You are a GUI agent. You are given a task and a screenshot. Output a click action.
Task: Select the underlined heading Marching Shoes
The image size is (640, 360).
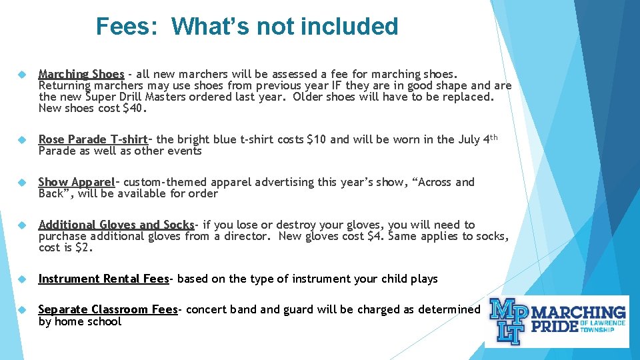point(81,74)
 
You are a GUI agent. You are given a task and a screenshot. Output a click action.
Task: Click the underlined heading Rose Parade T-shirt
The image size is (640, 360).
point(93,139)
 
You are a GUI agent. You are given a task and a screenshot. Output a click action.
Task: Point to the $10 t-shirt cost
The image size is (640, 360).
point(316,139)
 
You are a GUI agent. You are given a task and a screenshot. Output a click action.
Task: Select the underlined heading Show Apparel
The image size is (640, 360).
point(77,182)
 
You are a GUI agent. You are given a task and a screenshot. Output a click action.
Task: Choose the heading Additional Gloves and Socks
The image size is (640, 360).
point(116,225)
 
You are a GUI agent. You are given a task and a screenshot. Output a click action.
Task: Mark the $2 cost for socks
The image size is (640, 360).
point(85,247)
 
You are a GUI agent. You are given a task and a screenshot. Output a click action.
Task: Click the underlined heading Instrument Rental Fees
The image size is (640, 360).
point(103,279)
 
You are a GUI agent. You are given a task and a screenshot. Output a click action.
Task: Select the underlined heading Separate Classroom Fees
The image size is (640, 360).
point(107,309)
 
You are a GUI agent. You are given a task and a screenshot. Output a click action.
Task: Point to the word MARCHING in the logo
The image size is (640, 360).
point(579,312)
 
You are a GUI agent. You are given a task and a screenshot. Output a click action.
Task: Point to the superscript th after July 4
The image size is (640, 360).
point(494,137)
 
